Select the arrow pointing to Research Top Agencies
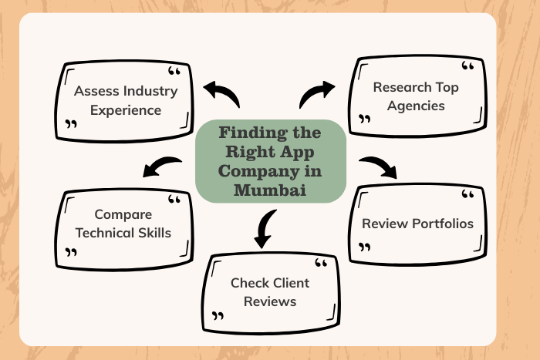pos(316,95)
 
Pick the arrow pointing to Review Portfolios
pos(377,167)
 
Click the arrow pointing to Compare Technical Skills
pos(163,167)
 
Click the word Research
pos(400,87)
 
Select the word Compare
pos(123,214)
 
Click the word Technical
pos(108,232)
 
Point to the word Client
pos(290,283)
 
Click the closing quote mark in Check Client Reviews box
pos(218,316)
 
